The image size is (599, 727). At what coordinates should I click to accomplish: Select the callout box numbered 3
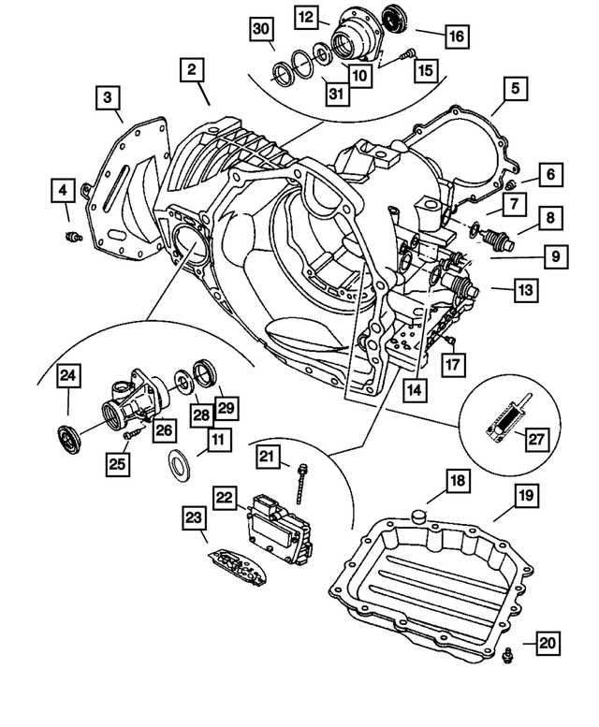[x=108, y=96]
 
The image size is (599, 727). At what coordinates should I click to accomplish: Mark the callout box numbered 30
[x=262, y=30]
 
